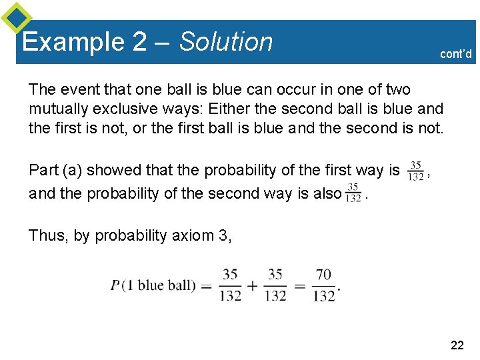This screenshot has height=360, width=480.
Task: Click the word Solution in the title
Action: click(x=226, y=42)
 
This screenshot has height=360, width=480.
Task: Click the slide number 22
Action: click(x=457, y=345)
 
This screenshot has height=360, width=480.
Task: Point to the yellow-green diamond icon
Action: click(x=16, y=17)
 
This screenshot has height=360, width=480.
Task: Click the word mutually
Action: click(x=55, y=108)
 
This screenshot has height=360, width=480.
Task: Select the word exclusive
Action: click(x=118, y=108)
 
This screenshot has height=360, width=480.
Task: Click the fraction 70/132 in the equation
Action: click(x=324, y=285)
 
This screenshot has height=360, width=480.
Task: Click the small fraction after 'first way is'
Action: click(x=416, y=171)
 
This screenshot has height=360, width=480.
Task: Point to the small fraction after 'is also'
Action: click(x=353, y=192)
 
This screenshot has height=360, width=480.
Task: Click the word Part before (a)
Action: click(x=44, y=171)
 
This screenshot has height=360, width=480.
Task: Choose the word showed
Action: click(x=109, y=171)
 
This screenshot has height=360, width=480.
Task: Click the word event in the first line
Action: click(x=72, y=89)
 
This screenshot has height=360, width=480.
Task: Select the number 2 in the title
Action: click(x=139, y=42)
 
